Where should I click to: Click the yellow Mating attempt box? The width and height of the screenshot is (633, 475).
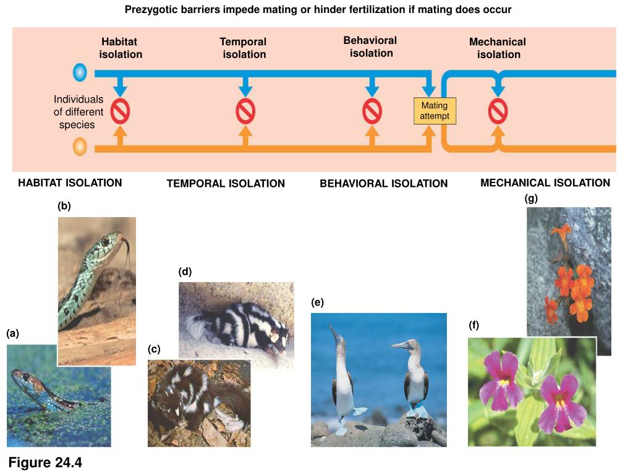435,111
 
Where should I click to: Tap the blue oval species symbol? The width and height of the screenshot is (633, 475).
80,73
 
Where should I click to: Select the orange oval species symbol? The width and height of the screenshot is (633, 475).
80,147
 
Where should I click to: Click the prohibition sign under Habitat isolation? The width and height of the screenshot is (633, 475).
121,111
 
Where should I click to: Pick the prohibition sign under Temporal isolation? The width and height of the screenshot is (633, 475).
245,111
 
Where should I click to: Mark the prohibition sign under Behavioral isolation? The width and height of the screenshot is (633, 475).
372,111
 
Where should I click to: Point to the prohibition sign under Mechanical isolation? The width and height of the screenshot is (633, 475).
498,111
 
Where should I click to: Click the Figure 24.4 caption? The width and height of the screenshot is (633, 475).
45,463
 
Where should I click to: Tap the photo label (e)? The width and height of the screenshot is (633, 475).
317,302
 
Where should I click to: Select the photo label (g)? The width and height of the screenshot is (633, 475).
531,199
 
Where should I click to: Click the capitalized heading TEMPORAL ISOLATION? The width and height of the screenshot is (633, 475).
226,184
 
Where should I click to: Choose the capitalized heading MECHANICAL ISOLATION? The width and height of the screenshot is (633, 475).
545,183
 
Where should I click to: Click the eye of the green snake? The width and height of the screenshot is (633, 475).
105,241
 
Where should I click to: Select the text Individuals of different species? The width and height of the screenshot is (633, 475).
79,112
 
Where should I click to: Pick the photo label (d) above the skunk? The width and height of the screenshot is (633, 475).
185,272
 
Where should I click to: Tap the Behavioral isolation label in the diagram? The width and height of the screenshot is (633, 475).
370,47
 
